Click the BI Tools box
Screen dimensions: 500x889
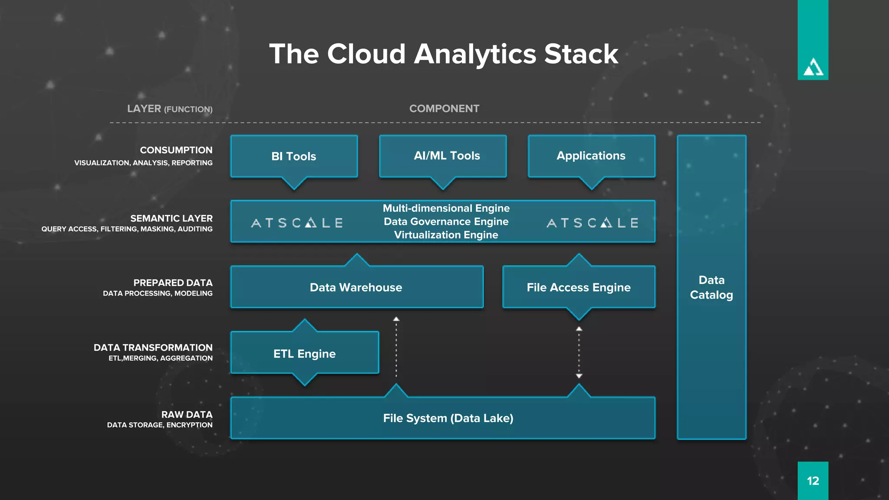click(x=294, y=156)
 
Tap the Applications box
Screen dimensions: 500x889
click(x=591, y=156)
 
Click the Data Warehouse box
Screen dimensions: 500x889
click(x=356, y=287)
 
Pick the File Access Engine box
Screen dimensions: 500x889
click(x=578, y=287)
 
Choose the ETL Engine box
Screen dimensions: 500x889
click(x=304, y=354)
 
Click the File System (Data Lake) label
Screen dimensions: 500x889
click(x=448, y=418)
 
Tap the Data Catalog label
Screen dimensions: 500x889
click(x=711, y=287)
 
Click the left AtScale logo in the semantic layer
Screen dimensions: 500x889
click(x=297, y=223)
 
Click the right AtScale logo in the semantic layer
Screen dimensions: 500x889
click(x=592, y=223)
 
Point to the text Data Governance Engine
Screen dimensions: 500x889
click(x=446, y=222)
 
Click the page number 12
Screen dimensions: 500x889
click(x=813, y=481)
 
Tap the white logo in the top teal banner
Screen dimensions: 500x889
click(x=813, y=68)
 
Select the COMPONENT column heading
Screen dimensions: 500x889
click(x=444, y=109)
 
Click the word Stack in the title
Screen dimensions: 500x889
click(x=581, y=54)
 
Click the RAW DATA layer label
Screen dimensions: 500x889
click(x=187, y=414)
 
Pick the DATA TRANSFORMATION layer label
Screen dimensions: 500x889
click(x=153, y=348)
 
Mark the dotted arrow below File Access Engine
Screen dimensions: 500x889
click(x=579, y=352)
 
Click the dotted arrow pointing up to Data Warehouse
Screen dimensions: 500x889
click(x=396, y=347)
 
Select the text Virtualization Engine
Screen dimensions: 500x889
click(x=446, y=235)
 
